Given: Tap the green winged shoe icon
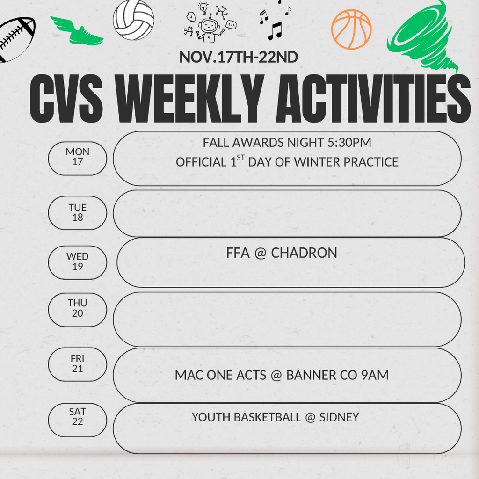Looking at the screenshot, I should [77, 31].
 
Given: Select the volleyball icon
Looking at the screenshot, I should [133, 20].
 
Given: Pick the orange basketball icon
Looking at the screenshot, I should [351, 29].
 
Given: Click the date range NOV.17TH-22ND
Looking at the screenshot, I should [239, 57].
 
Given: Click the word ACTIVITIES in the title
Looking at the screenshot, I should [373, 99].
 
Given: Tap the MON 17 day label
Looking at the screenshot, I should [78, 157].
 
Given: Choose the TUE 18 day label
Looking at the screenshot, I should [78, 213].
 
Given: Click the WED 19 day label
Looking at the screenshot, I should [78, 262].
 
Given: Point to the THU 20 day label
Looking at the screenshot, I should [78, 309].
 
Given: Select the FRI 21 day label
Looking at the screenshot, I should [78, 364].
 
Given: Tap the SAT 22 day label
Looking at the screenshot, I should [78, 417].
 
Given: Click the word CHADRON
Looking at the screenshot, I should [304, 253].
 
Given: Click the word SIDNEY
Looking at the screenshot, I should [339, 417].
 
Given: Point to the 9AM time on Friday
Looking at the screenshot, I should [375, 375].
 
